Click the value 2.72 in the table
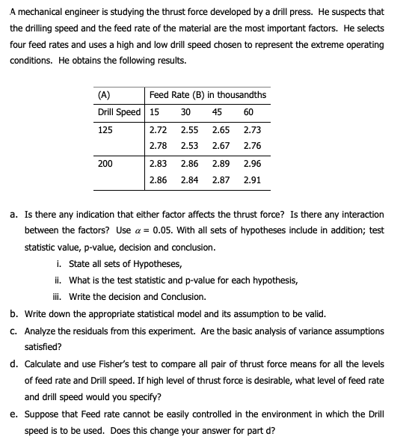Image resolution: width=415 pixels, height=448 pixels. pos(158,129)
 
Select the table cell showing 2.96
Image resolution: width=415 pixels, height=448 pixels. pos(252,162)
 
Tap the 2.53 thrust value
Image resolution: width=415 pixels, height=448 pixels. pos(189,145)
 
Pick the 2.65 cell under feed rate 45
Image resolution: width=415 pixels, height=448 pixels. pos(221,129)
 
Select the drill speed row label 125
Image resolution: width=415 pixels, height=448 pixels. pos(105,129)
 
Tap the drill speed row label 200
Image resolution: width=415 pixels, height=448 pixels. pos(105,162)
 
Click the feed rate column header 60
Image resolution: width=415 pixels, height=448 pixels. pos(248,112)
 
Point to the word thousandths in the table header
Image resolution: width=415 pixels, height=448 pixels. pos(243,95)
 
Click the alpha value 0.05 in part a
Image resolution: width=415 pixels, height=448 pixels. pos(163,231)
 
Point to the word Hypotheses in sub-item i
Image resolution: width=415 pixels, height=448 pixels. pos(157,264)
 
